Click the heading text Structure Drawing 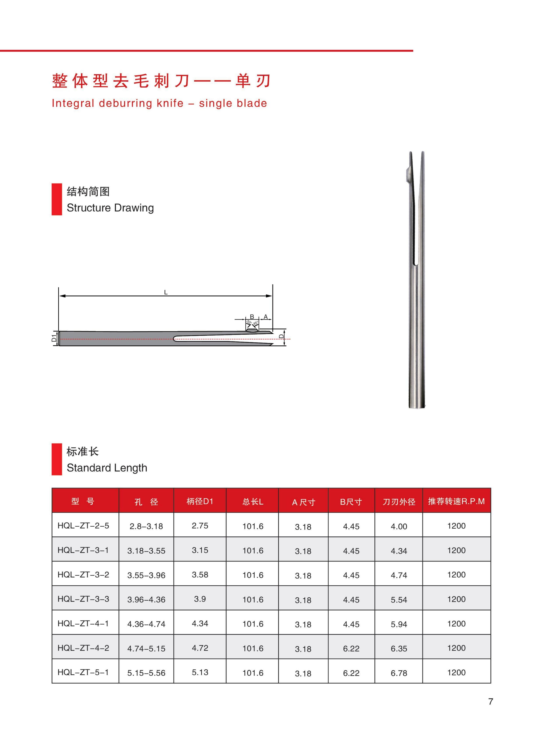click(x=110, y=208)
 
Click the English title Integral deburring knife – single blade click(x=159, y=103)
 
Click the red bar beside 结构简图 click(x=56, y=199)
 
